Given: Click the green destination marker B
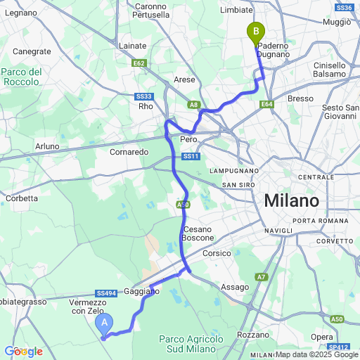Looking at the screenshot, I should tap(255, 32).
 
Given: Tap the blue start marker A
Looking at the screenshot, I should tap(105, 323).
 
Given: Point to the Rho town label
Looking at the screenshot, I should tap(146, 106).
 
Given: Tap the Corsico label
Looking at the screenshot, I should tap(217, 253).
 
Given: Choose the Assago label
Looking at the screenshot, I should tap(235, 287).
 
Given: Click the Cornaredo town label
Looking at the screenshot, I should tap(129, 151).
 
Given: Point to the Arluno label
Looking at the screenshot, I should tap(47, 146).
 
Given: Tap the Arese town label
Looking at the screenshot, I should tap(184, 79).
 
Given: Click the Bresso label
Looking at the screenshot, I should tap(300, 98).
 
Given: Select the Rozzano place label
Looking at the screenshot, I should tap(253, 335).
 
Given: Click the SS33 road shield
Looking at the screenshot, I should tap(143, 96).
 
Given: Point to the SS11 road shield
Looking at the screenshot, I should tap(191, 156).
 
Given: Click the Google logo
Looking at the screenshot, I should tap(23, 351).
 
